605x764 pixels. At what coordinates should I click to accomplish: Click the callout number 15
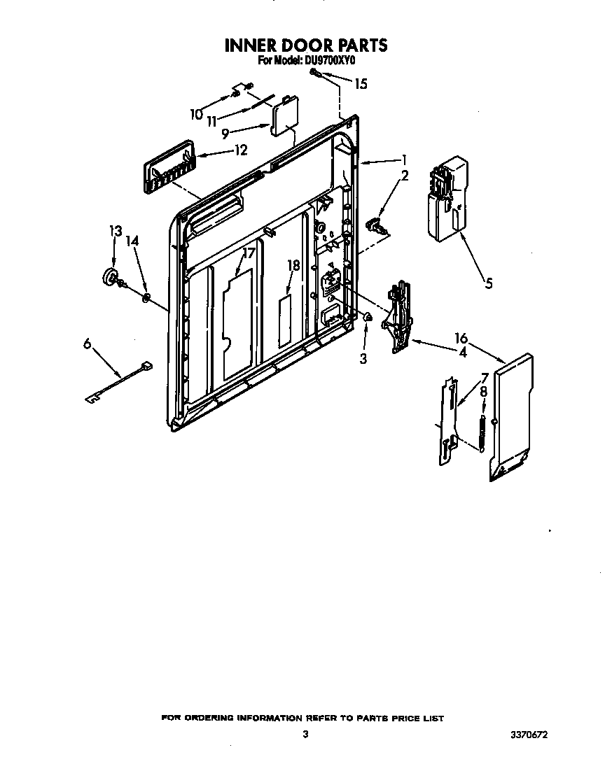tap(360, 84)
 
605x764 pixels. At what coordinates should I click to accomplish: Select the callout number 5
tap(488, 283)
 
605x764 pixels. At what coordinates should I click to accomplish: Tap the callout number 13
tap(115, 231)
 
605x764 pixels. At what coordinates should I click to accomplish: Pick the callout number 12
tap(240, 149)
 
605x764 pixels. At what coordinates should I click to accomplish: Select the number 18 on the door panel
tap(293, 265)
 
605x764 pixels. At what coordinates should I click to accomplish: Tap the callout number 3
tap(363, 359)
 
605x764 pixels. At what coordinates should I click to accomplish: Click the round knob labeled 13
tap(110, 277)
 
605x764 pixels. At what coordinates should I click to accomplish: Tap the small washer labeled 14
tap(146, 299)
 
